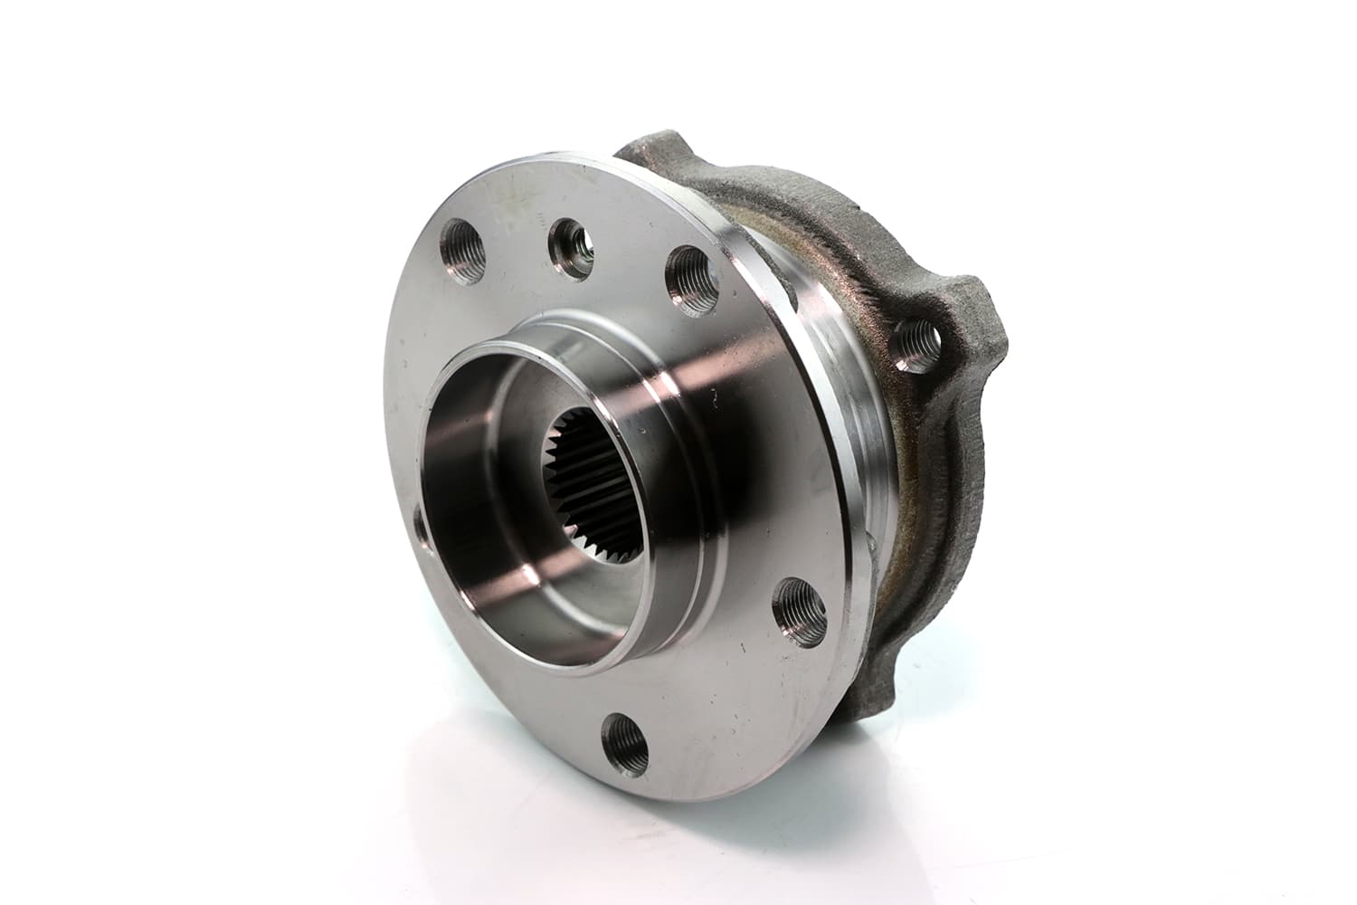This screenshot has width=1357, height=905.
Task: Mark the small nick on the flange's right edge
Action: [x=869, y=543]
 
